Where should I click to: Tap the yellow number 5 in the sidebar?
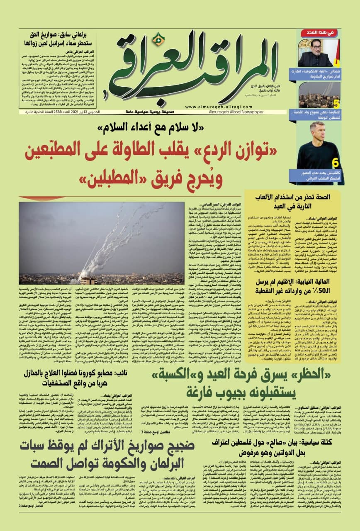[x=301, y=104]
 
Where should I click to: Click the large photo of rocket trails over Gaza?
[x=102, y=243]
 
